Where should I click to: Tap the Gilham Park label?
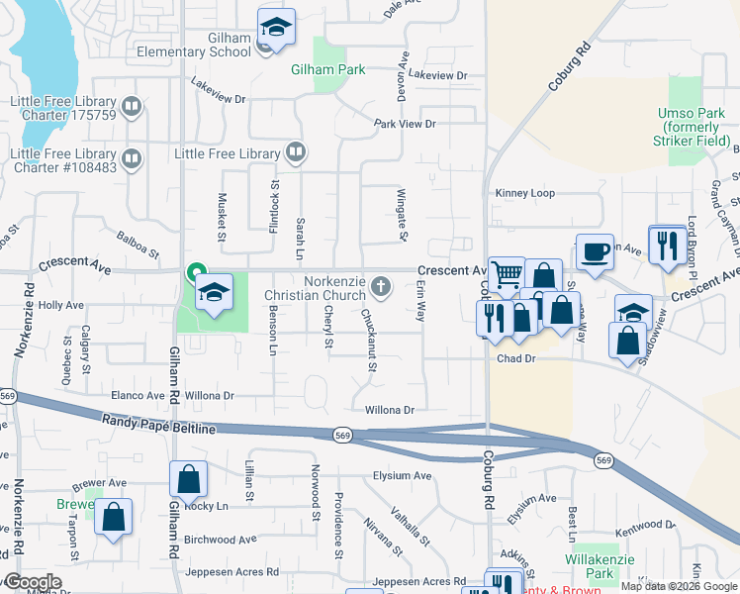click(328, 69)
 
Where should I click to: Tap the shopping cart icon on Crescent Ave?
click(507, 273)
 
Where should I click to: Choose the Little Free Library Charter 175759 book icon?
click(132, 106)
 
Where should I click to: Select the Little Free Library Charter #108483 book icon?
click(132, 158)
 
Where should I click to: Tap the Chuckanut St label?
click(370, 342)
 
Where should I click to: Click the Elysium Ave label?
click(402, 475)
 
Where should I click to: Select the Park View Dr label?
click(405, 124)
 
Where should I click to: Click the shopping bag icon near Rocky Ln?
click(188, 479)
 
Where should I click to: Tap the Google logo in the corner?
click(32, 582)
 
